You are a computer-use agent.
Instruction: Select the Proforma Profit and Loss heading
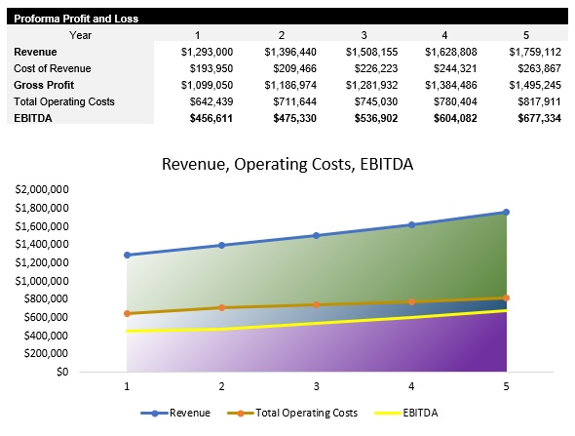pos(76,19)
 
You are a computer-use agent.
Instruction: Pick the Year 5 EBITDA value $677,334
pos(536,117)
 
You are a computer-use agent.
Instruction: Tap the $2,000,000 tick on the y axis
pos(42,189)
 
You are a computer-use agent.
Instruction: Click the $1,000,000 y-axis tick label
pos(42,281)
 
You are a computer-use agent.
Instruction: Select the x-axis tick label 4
pos(411,387)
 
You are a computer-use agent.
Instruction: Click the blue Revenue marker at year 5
pos(506,212)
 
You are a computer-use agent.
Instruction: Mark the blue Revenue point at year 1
pos(127,255)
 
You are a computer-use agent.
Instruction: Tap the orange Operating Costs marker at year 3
pos(317,304)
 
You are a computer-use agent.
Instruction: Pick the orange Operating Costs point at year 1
pos(127,313)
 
